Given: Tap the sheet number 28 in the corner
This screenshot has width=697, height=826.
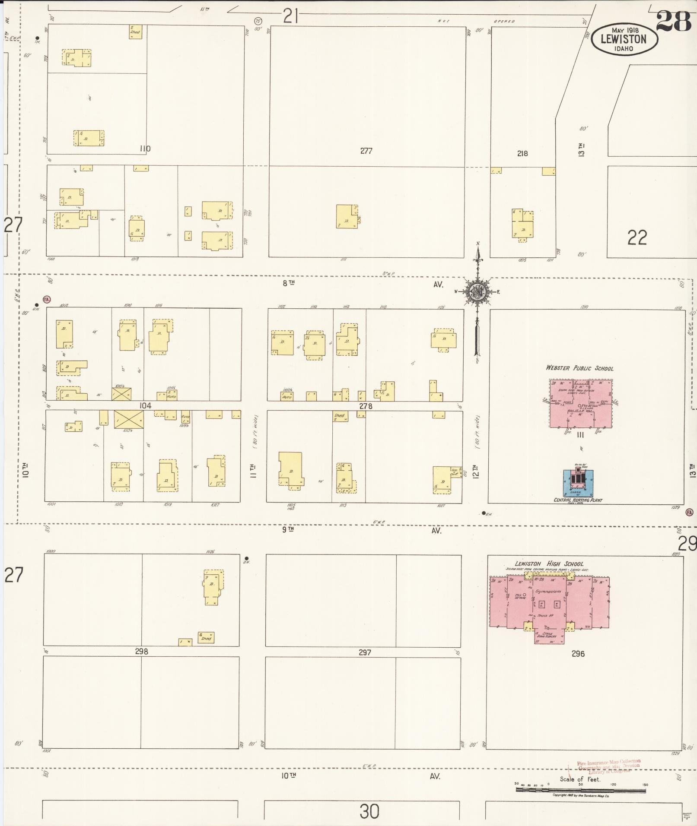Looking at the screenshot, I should click(673, 22).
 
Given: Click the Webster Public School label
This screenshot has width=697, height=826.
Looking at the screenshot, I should click(579, 368).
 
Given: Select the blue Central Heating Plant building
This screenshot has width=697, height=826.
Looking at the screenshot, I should click(578, 482).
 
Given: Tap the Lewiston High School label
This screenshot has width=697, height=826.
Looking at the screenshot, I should click(549, 563).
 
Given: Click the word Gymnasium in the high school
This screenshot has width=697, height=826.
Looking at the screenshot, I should click(548, 591).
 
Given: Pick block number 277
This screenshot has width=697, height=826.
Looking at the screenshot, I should click(366, 151).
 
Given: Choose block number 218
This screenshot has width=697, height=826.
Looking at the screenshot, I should click(522, 153).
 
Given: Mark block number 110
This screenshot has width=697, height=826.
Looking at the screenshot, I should click(145, 149).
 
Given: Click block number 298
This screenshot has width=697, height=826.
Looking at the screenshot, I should click(141, 651).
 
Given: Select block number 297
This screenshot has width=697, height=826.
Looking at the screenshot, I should click(365, 652).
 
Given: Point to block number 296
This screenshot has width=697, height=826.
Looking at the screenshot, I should click(578, 654).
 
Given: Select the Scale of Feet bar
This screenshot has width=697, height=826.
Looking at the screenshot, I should click(580, 790).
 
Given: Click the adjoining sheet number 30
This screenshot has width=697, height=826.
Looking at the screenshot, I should click(369, 812).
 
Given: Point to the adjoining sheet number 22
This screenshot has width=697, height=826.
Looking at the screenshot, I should click(637, 237).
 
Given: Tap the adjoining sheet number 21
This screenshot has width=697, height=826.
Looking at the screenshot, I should click(291, 16).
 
